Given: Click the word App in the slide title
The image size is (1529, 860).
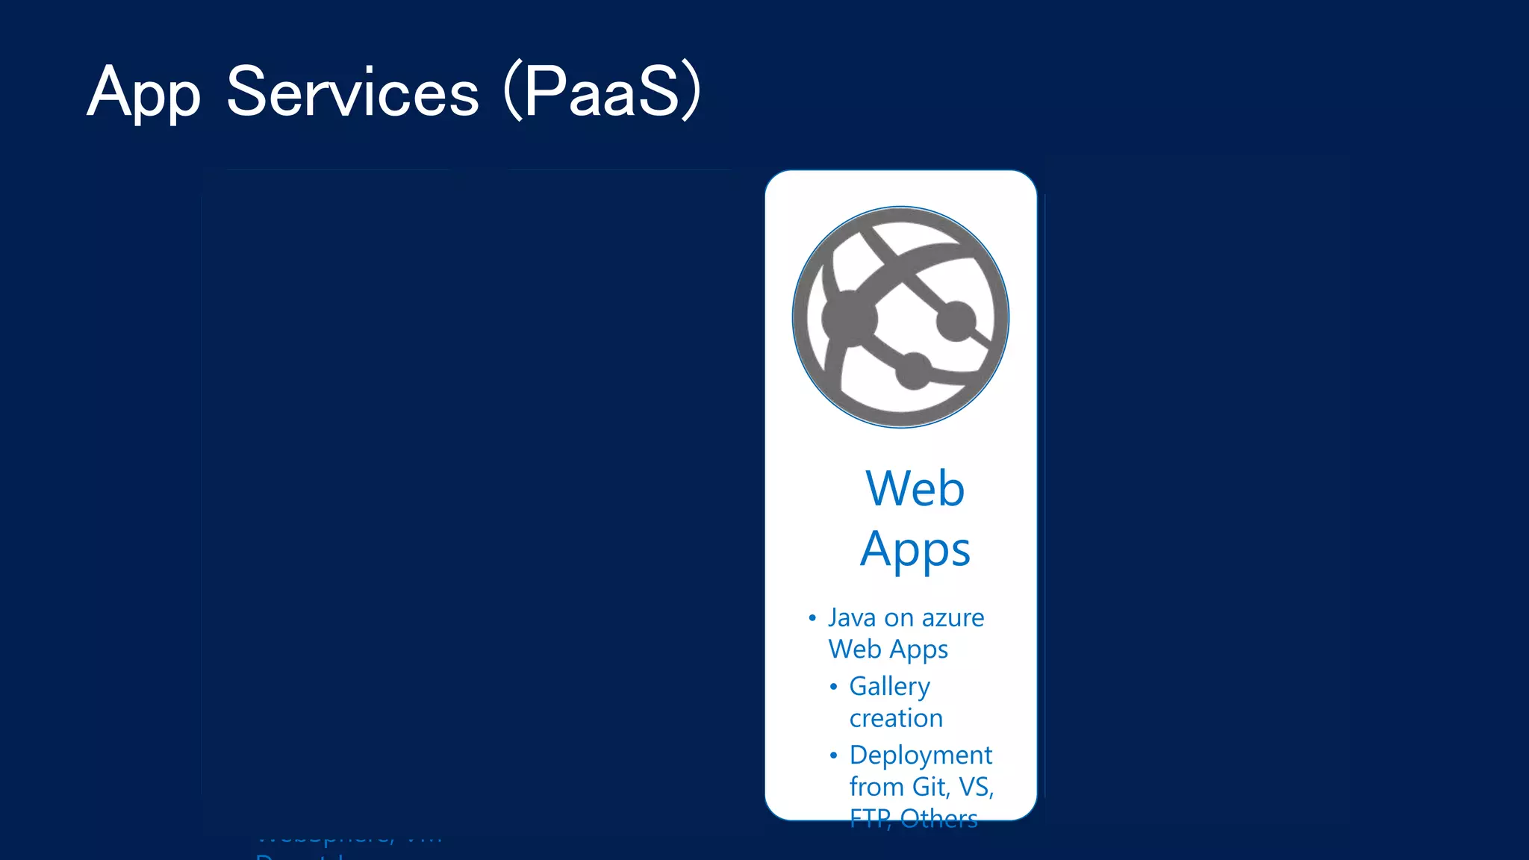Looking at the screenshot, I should coord(143,93).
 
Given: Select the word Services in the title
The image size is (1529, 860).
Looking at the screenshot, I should coord(352,93).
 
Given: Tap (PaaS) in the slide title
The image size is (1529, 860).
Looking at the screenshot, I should coord(602,93).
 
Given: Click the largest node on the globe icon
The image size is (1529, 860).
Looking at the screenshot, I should coord(849,319).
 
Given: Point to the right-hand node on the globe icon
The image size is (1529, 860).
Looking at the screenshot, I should coord(956,320).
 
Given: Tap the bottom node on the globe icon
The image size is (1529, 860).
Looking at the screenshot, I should coord(913,370).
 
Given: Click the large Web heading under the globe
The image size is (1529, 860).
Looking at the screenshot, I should coord(915,489).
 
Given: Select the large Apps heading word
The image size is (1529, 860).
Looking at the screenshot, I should coord(915,550).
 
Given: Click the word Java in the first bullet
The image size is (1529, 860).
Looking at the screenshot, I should coord(851,618).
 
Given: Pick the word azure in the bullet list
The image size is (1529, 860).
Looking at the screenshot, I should coord(953,618).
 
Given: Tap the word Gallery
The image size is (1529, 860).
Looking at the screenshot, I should coord(889,686).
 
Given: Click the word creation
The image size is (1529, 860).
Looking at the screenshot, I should coord(896,718).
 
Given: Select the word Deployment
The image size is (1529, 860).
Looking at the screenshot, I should coord(921,755).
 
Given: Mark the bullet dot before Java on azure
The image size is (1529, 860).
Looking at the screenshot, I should coord(812,618).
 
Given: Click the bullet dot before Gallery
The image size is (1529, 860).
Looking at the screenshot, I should coord(833,687).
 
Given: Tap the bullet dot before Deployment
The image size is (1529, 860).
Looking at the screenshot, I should coord(833,755).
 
